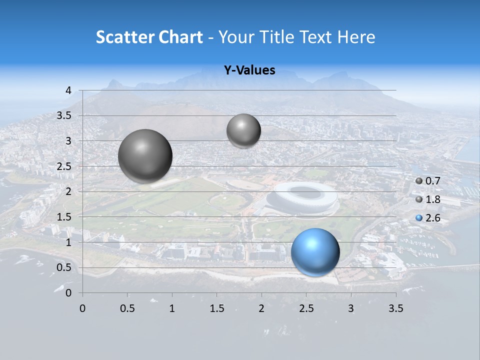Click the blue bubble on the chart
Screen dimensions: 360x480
point(315,252)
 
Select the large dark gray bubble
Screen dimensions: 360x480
point(145,156)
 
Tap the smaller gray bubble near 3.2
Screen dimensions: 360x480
point(243,130)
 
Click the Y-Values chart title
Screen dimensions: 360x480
point(249,70)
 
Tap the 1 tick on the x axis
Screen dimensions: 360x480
point(172,308)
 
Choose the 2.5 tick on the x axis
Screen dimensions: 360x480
point(306,308)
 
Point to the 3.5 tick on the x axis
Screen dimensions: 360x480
point(395,308)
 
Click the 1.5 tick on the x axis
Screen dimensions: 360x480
point(216,308)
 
